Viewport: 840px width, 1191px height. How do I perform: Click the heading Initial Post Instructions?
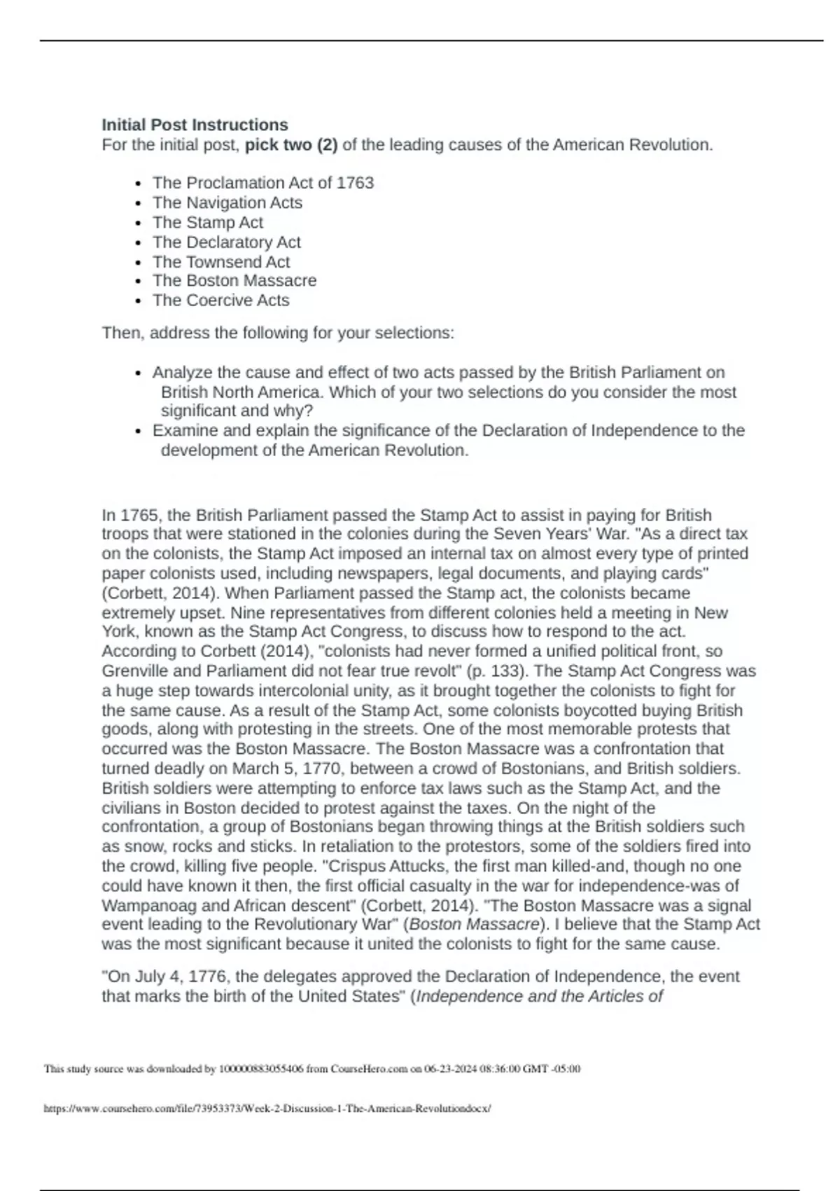(x=195, y=125)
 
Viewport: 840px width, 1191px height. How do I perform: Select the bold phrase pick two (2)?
(x=291, y=145)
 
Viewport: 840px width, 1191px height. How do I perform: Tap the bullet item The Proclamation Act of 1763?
(x=263, y=183)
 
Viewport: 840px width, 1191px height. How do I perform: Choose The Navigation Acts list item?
(x=227, y=202)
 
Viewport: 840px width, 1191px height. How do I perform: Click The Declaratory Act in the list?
(x=227, y=242)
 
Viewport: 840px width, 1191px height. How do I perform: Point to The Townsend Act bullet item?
(x=221, y=262)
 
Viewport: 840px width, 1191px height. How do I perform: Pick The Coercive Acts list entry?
(x=221, y=301)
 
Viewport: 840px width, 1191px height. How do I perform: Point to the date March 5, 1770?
(x=287, y=769)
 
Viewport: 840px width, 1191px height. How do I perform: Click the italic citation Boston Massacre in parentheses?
(x=474, y=925)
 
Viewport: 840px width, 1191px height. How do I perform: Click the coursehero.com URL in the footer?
(x=267, y=1109)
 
